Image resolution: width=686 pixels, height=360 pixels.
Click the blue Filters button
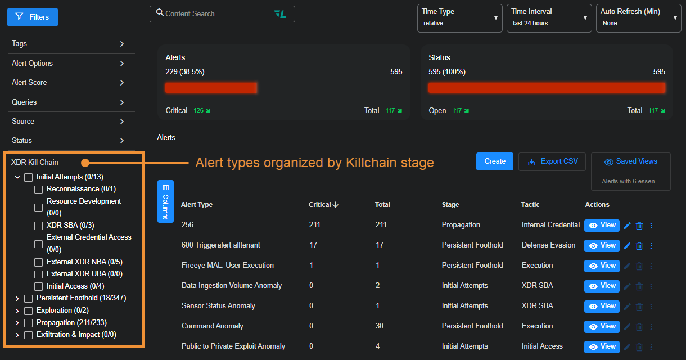[33, 17]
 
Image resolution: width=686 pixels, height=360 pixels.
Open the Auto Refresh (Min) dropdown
[638, 17]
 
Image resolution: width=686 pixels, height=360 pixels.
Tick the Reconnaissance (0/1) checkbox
[39, 190]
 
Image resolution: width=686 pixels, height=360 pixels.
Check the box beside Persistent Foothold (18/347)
[29, 298]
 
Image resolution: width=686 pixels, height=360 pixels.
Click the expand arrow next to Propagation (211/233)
[17, 323]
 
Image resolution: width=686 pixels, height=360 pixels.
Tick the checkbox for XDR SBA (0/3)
[39, 226]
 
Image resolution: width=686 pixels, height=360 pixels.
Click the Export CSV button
[552, 161]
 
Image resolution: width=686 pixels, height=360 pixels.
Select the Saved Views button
[630, 161]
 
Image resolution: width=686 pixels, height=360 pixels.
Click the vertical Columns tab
[165, 201]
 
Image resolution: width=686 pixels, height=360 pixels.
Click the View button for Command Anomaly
[602, 326]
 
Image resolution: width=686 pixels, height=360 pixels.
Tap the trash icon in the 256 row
[639, 226]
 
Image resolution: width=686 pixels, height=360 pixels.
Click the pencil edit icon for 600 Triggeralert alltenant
[627, 246]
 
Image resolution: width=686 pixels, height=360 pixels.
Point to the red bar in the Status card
[547, 88]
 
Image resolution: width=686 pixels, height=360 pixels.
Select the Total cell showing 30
[380, 326]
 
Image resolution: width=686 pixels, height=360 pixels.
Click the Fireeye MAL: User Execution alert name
[228, 265]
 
